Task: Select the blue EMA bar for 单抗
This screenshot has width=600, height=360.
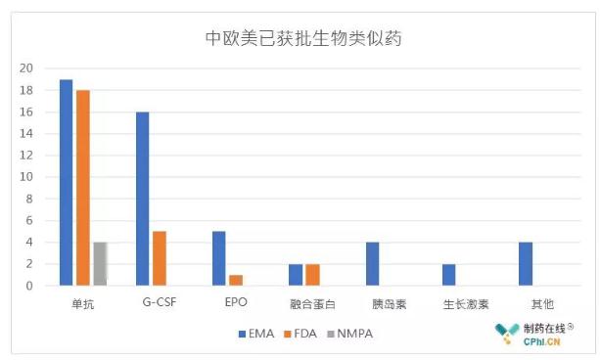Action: pyautogui.click(x=66, y=182)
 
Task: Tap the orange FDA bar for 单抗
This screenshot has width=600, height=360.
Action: pyautogui.click(x=82, y=188)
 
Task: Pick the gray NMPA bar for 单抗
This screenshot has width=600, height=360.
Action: pyautogui.click(x=99, y=263)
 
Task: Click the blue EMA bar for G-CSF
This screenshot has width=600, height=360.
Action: pyautogui.click(x=142, y=199)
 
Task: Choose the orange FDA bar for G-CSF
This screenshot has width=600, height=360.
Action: pyautogui.click(x=159, y=258)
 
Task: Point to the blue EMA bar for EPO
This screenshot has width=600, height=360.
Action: pyautogui.click(x=218, y=258)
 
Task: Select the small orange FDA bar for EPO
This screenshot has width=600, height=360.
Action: pyautogui.click(x=235, y=280)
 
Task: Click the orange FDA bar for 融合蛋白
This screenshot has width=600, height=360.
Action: pyautogui.click(x=312, y=275)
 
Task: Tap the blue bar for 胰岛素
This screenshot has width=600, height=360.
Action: pyautogui.click(x=372, y=263)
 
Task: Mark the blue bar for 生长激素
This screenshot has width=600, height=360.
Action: pyautogui.click(x=448, y=275)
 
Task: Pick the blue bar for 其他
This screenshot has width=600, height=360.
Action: pyautogui.click(x=525, y=263)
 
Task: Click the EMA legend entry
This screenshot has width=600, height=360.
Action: pyautogui.click(x=257, y=334)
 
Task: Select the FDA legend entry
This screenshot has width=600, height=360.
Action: pyautogui.click(x=306, y=334)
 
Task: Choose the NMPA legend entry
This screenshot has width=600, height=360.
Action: pyautogui.click(x=353, y=334)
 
